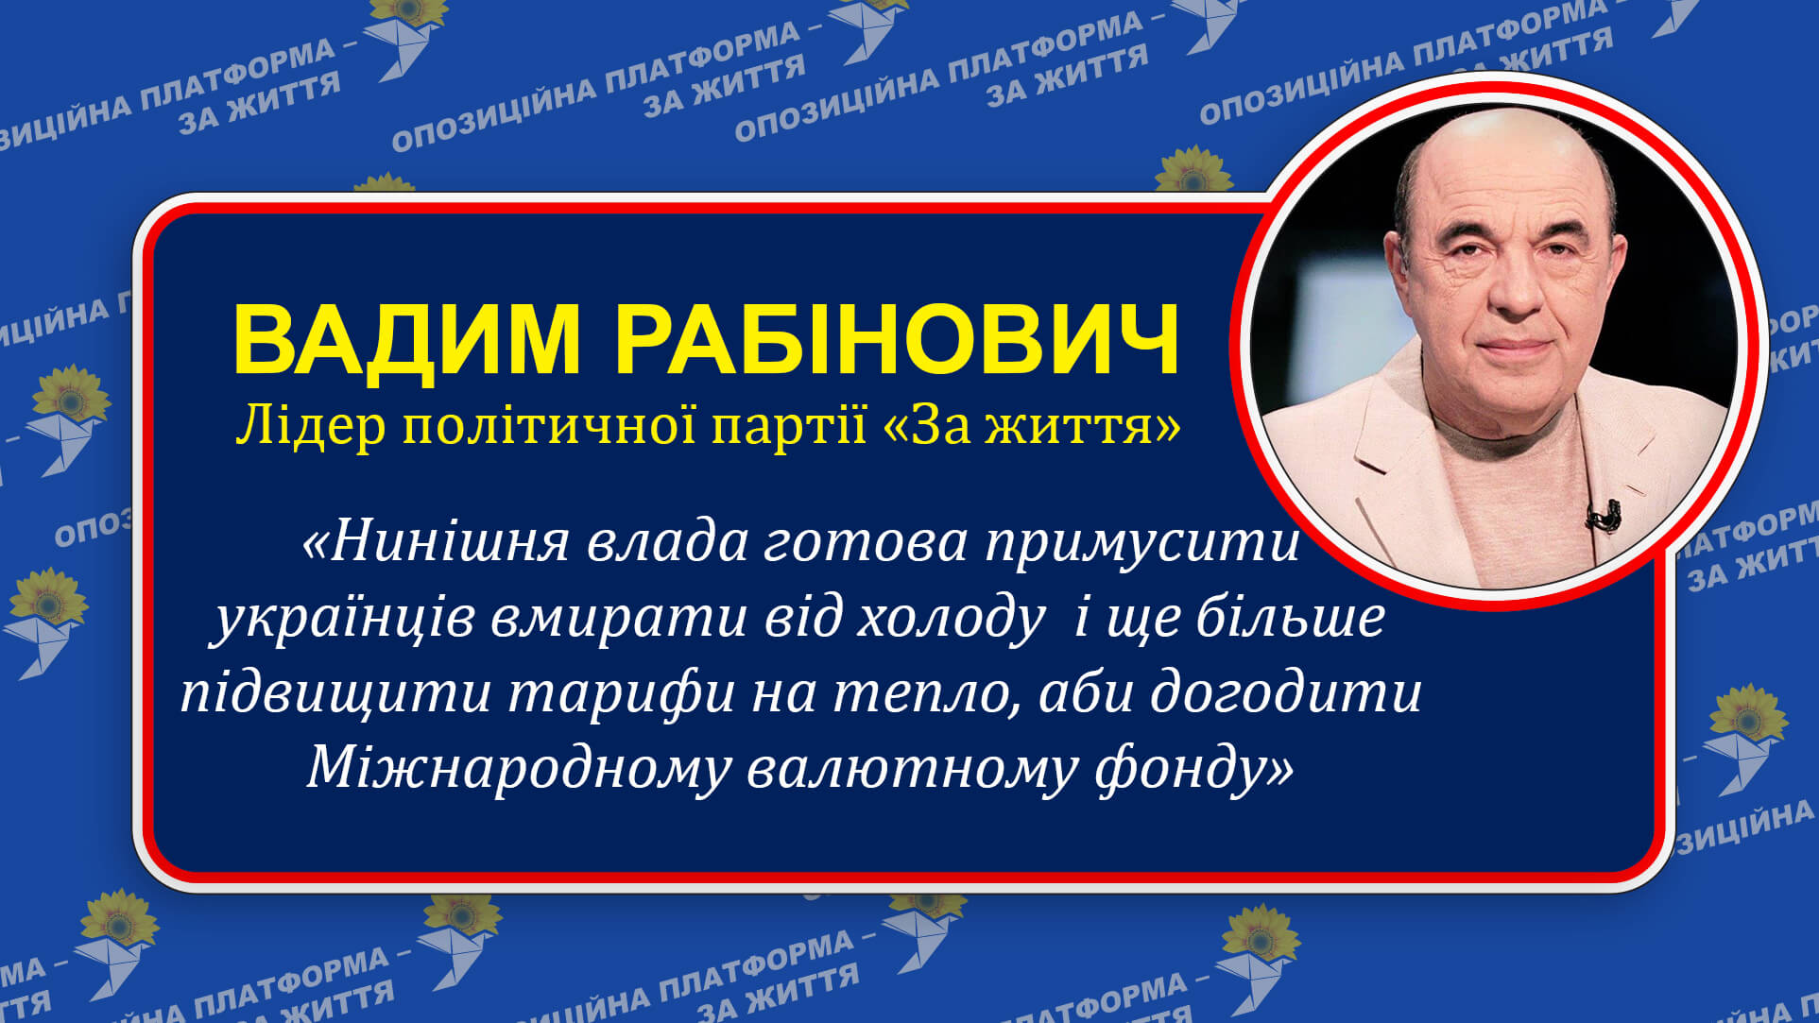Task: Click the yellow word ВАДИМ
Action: (x=406, y=341)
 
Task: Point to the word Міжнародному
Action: (x=518, y=768)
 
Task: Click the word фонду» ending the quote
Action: (x=1194, y=768)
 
